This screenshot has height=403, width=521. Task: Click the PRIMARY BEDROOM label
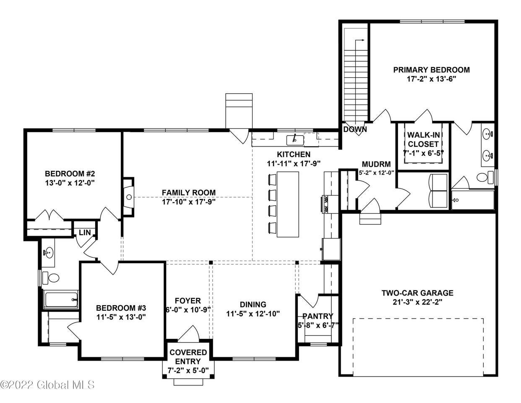point(431,70)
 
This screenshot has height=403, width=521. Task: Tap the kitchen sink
point(295,140)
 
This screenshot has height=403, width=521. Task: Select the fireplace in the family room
point(128,197)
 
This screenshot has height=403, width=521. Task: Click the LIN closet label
point(85,232)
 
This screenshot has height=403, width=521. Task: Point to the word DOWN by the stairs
point(355,129)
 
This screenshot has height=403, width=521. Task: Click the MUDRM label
point(376,164)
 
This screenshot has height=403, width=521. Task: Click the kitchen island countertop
point(288,204)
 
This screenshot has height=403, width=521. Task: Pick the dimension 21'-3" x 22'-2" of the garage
point(417,302)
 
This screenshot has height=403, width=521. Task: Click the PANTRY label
point(318,316)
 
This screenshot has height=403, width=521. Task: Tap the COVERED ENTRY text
point(188,357)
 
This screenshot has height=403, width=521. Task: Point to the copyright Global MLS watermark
point(48,385)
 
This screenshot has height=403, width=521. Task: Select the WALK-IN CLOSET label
point(423,139)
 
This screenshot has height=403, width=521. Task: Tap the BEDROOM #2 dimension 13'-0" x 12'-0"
point(70,183)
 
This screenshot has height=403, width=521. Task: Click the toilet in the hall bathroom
point(51,278)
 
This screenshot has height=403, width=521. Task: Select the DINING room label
point(253,304)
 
